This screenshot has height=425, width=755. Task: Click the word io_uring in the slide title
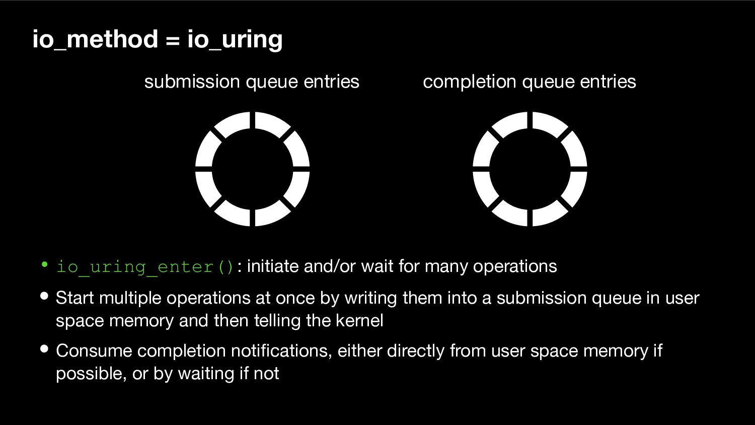point(235,40)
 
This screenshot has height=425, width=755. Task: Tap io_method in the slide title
point(96,39)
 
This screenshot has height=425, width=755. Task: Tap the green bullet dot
point(44,264)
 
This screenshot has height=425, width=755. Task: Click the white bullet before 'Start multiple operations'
point(44,296)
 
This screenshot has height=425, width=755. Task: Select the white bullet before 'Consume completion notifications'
point(44,349)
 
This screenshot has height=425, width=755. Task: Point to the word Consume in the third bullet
point(94,351)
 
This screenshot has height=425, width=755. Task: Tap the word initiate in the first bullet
point(273,266)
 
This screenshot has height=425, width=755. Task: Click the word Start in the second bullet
point(74,298)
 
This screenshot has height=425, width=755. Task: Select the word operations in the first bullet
point(515,267)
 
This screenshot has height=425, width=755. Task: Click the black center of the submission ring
point(253,169)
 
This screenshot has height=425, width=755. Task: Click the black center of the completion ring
point(530,169)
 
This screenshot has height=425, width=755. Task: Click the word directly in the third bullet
point(416,351)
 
